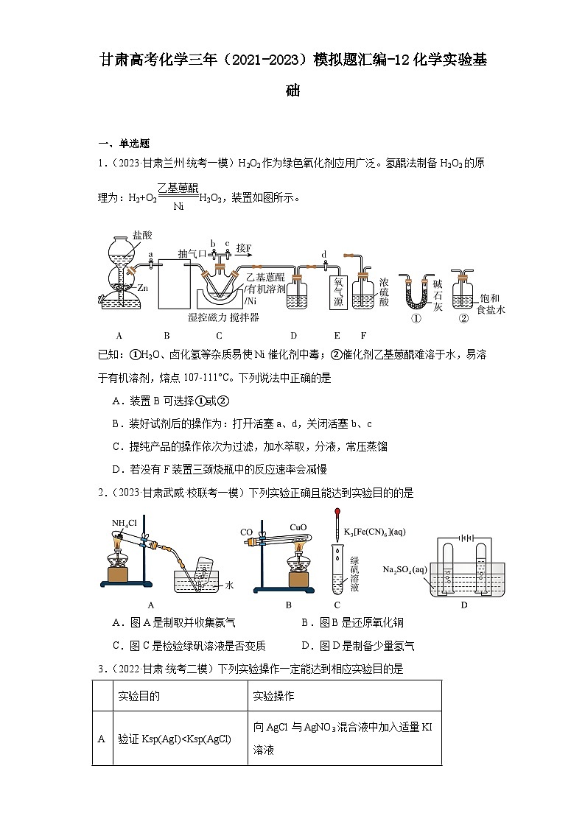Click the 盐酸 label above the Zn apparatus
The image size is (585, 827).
(143, 236)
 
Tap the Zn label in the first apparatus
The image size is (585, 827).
(143, 288)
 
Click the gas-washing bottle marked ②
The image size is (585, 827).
(462, 294)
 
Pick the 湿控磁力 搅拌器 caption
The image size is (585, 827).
(223, 317)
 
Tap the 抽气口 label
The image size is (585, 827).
(192, 253)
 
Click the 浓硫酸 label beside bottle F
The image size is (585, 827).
(385, 292)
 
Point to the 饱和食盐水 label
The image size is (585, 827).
(492, 304)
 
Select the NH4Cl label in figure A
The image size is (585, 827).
(125, 524)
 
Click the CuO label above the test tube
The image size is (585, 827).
(298, 527)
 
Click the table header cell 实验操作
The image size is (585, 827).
(273, 695)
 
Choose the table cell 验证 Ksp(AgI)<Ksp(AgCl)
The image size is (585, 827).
(174, 739)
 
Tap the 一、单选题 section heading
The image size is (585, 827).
(124, 144)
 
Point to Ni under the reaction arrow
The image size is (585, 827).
(178, 206)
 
